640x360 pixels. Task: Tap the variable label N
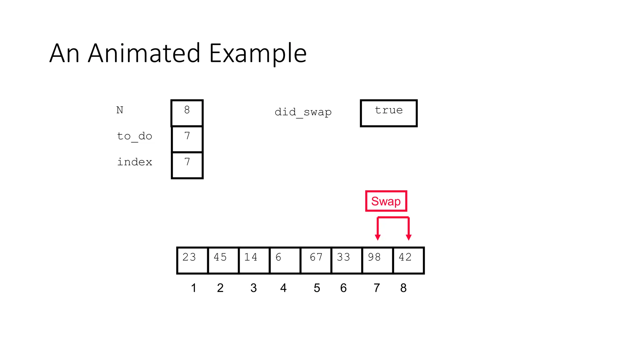coord(120,110)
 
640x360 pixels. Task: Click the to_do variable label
coord(134,136)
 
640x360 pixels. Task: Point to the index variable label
coord(134,162)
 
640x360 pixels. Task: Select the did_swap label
coord(303,112)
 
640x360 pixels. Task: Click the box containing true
coord(389,113)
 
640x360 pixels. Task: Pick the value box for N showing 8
coord(187,113)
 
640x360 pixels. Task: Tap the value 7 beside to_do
coord(187,139)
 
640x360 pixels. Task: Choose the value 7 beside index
coord(187,165)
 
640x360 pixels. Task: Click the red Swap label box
coord(386,201)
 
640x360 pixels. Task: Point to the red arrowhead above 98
coord(378,237)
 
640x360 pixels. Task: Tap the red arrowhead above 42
coord(408,237)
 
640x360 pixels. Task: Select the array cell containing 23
coord(192,260)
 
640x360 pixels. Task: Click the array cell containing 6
coord(285,260)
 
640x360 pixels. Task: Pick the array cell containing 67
coord(316,260)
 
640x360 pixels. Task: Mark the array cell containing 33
coord(347,260)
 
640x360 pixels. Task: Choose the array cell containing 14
coord(254,260)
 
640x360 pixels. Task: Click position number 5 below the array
coord(317,288)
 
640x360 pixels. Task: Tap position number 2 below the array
coord(220,288)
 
